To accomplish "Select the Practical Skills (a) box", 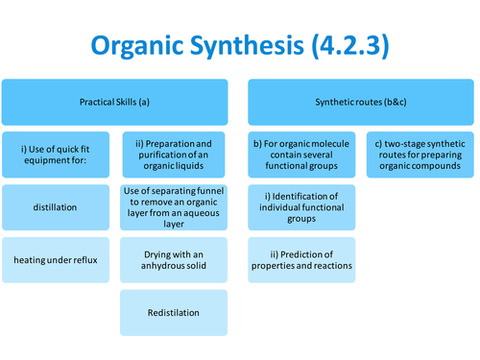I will [115, 101].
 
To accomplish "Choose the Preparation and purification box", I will [174, 155].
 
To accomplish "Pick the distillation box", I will [56, 206].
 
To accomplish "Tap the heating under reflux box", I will [56, 259].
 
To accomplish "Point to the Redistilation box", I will [174, 312].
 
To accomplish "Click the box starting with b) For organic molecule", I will [302, 155].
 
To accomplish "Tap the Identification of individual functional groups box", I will [302, 206].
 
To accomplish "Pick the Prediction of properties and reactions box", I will [302, 259].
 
